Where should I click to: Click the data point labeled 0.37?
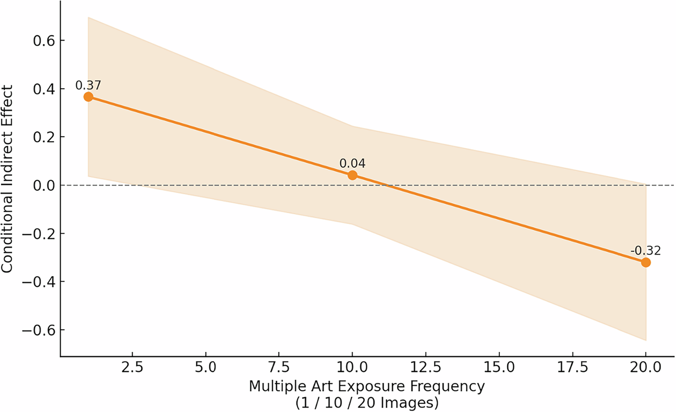(x=88, y=97)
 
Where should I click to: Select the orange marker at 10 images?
(x=353, y=175)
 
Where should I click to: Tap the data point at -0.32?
(x=646, y=262)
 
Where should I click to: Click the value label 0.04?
(x=353, y=163)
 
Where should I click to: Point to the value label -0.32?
(x=646, y=250)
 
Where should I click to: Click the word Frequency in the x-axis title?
(x=446, y=387)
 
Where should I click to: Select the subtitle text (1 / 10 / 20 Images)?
(x=367, y=402)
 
